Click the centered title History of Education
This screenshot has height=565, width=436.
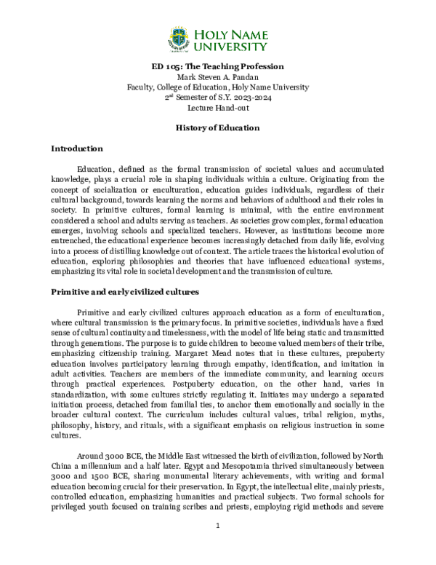(217, 127)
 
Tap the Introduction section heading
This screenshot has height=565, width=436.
(76, 149)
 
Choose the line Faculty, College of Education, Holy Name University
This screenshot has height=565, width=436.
(217, 87)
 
